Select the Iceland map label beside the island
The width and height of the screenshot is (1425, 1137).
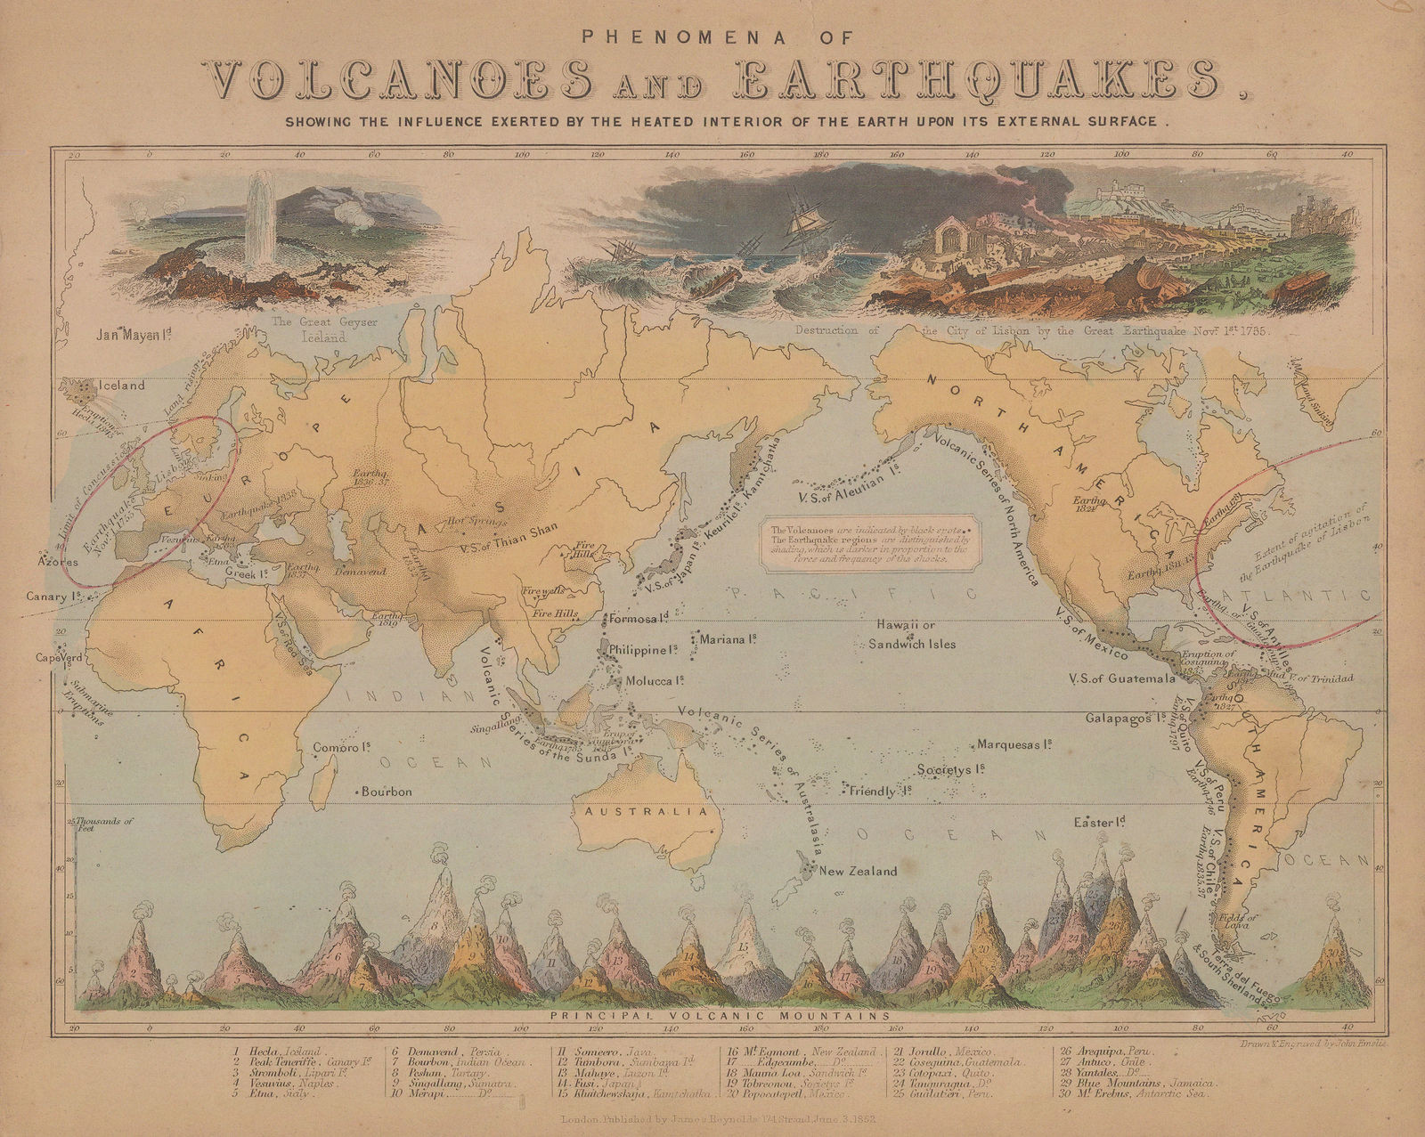coord(121,386)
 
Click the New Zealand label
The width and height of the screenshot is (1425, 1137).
coord(858,871)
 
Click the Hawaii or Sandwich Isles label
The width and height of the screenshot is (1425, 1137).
coord(912,635)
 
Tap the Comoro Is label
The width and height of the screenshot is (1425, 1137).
coord(341,748)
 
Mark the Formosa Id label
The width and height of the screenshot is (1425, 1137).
coord(638,618)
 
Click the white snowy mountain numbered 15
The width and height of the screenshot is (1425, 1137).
coord(743,944)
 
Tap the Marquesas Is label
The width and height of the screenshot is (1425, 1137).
coord(1015,743)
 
